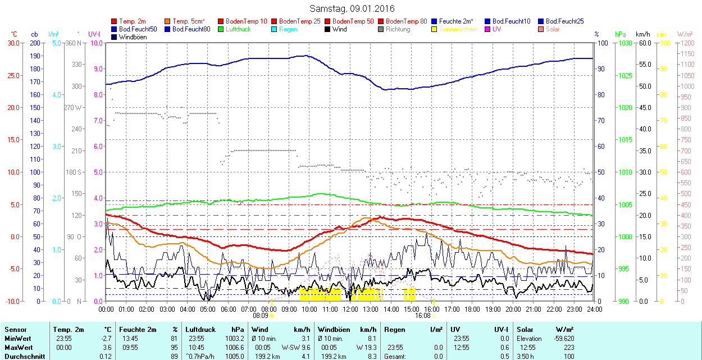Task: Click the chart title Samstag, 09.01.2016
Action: tap(352, 8)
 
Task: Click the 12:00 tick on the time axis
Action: tap(350, 309)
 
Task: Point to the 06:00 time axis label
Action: tap(228, 309)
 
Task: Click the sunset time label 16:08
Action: tap(422, 316)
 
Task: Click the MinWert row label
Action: tap(17, 339)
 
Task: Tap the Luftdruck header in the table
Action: tap(200, 330)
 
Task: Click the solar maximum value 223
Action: tap(568, 347)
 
